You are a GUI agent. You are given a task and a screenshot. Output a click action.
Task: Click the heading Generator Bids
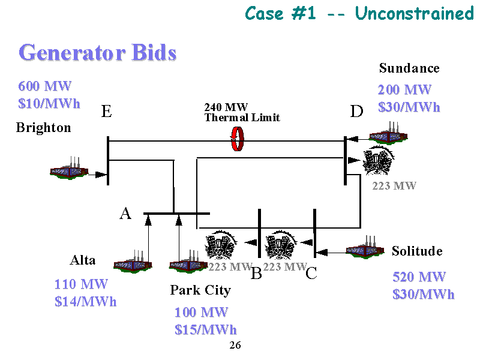tap(98, 53)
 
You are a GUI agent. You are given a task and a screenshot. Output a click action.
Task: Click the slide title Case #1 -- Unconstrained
tap(359, 13)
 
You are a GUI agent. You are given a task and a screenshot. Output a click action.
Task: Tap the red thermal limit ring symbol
tap(238, 139)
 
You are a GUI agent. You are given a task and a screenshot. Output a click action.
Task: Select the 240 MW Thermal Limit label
tap(242, 112)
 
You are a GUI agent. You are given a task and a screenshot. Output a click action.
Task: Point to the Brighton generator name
tap(43, 128)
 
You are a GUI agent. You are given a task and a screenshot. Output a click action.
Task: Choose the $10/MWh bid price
tap(49, 103)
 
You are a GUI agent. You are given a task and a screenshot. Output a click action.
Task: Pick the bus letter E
tap(106, 112)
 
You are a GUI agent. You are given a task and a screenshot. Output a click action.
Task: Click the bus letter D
tap(356, 112)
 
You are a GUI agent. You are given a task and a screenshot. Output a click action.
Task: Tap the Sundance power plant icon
tap(388, 134)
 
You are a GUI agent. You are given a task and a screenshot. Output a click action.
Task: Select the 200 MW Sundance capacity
tap(404, 90)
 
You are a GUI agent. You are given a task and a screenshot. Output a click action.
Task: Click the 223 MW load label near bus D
tap(394, 186)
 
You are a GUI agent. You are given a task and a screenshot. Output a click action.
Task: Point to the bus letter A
tap(125, 214)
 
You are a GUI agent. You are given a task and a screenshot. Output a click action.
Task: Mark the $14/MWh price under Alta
tap(85, 301)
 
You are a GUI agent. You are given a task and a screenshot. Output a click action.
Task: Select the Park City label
tap(200, 290)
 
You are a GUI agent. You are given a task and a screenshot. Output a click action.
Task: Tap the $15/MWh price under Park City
tap(205, 330)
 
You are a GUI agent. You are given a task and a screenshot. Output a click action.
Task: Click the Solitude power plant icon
tap(365, 248)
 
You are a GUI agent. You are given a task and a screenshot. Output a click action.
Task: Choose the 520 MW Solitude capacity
tap(419, 277)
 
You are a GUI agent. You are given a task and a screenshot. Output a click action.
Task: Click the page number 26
tap(235, 346)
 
